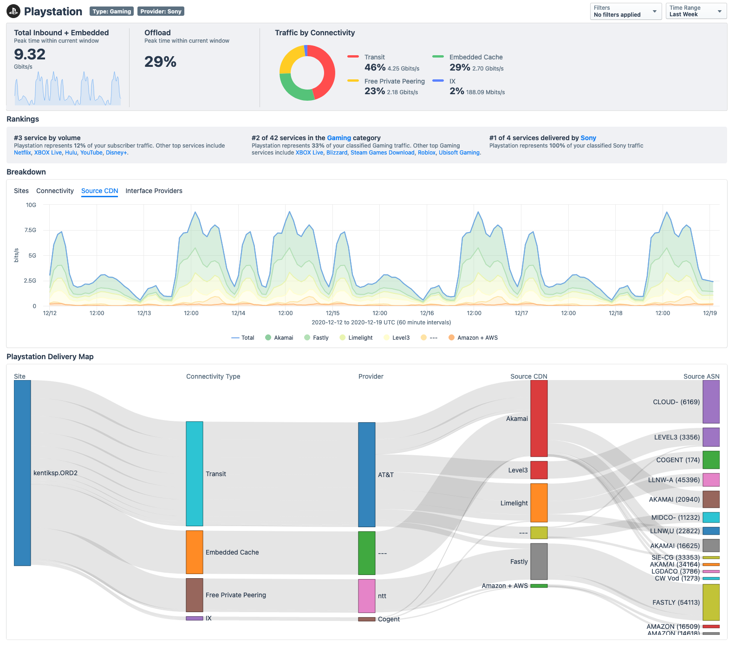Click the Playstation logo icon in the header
pyautogui.click(x=13, y=11)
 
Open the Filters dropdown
pyautogui.click(x=625, y=11)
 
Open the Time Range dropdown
pyautogui.click(x=696, y=11)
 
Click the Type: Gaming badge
pyautogui.click(x=111, y=11)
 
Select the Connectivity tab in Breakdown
pyautogui.click(x=55, y=191)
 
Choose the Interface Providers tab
pyautogui.click(x=154, y=191)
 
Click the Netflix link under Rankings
pyautogui.click(x=22, y=153)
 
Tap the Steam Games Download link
pyautogui.click(x=382, y=153)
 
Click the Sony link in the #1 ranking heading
pyautogui.click(x=588, y=138)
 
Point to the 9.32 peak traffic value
pyautogui.click(x=30, y=54)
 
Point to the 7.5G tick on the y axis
pyautogui.click(x=30, y=230)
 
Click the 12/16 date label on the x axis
pyautogui.click(x=427, y=313)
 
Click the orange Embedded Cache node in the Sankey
pyautogui.click(x=195, y=552)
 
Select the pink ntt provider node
pyautogui.click(x=366, y=596)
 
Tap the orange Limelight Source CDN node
pyautogui.click(x=539, y=503)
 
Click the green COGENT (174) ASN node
pyautogui.click(x=710, y=460)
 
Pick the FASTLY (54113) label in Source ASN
pyautogui.click(x=676, y=602)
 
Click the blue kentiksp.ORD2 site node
pyautogui.click(x=22, y=473)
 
